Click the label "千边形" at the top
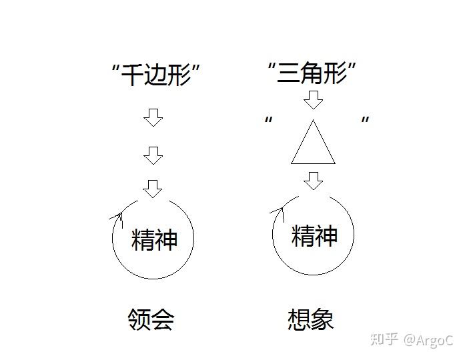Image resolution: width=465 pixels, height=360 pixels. [x=156, y=74]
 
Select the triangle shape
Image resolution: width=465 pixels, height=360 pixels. [x=313, y=143]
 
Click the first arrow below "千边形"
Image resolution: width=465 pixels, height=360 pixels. [x=153, y=118]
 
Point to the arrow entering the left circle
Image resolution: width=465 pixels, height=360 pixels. [x=153, y=189]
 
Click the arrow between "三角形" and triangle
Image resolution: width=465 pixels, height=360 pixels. [x=313, y=100]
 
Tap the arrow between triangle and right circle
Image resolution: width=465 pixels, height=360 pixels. [x=313, y=180]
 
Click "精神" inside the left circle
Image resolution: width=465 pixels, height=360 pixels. [x=154, y=239]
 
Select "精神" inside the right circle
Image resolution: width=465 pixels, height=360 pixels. [x=315, y=235]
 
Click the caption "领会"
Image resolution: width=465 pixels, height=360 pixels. [x=151, y=320]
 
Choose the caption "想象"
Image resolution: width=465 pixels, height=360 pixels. [x=310, y=319]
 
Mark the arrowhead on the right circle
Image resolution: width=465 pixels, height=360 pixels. [x=279, y=211]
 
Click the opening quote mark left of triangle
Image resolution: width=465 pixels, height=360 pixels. [x=269, y=121]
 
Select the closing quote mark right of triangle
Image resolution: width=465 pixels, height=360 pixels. [x=365, y=121]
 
